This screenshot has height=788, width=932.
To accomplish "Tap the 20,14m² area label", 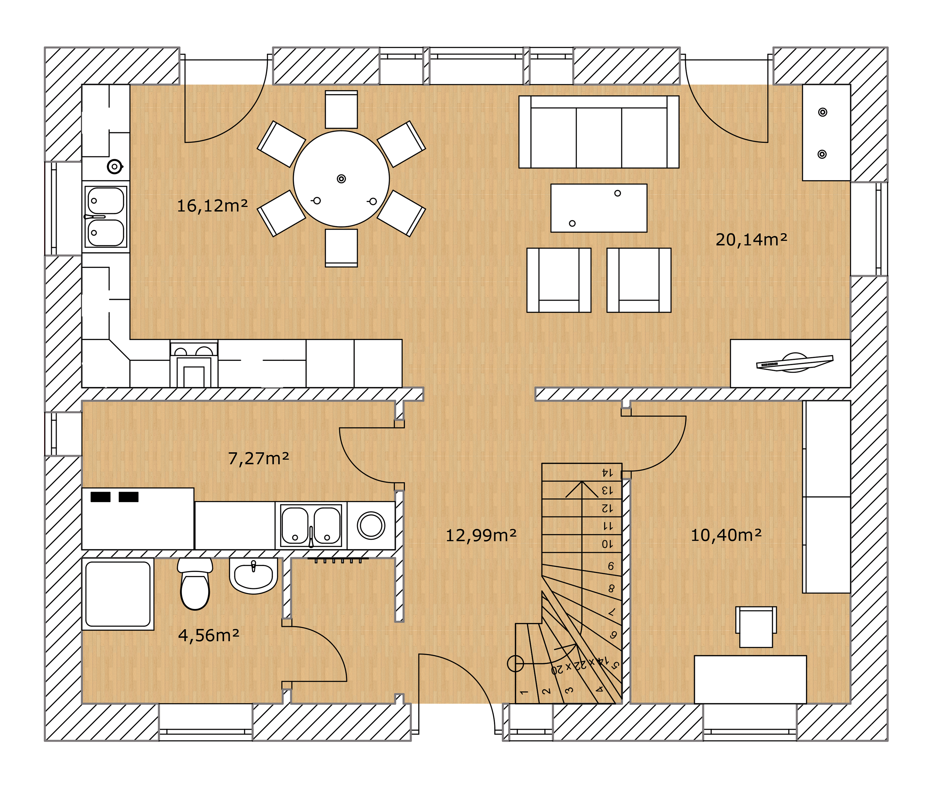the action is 751,240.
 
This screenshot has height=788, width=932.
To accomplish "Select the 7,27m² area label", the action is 258,458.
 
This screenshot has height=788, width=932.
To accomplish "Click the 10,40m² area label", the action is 726,535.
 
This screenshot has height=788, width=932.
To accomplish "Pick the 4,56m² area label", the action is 208,635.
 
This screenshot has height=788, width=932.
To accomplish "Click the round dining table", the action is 341,179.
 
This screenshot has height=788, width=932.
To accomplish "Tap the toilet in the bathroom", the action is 195,584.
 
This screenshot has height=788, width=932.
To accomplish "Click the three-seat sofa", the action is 599,132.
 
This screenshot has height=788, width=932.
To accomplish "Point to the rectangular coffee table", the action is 599,208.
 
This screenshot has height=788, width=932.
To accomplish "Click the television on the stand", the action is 795,362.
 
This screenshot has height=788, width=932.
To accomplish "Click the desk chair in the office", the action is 756,627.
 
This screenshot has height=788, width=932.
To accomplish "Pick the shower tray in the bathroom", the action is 118,594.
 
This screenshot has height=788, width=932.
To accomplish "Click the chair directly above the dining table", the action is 341,109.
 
